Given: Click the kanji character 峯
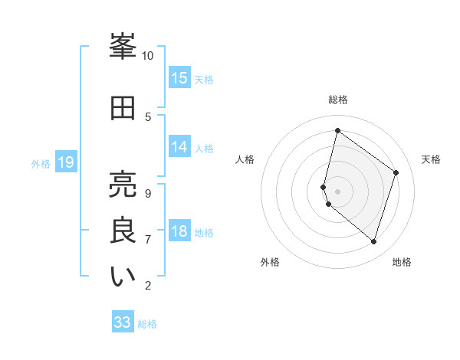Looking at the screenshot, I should tap(123, 47).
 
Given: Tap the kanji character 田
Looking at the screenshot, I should tap(123, 108).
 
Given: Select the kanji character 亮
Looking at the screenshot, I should tap(123, 184).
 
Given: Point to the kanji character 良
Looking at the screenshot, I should tap(123, 231).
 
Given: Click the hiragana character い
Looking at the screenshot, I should tap(123, 277).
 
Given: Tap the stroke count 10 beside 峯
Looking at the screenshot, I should tap(147, 56).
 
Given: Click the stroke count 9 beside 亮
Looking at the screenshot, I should tap(147, 193).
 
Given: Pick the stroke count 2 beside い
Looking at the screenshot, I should tap(147, 286).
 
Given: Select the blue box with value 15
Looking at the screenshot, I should tap(179, 78).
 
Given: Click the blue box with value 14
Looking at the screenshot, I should tap(179, 147).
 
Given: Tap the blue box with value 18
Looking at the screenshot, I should tap(179, 231).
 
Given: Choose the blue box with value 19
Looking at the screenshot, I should tap(65, 162).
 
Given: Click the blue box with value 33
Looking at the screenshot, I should tap(123, 322).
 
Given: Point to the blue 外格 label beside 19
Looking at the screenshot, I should tap(41, 163).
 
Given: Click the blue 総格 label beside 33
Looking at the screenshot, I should tap(147, 324).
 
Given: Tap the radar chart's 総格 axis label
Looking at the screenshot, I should tap(338, 100).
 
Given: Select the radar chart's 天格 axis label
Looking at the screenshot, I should tap(431, 159).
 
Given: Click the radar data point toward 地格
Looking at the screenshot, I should tap(373, 242).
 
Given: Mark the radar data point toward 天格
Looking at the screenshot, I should tap(396, 172).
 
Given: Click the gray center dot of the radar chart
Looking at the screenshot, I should tap(338, 191).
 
